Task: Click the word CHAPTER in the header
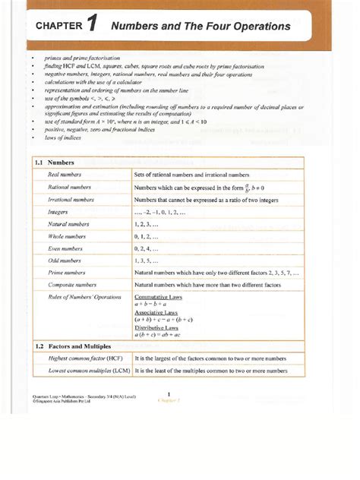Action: coord(58,27)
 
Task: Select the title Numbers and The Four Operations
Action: coord(201,27)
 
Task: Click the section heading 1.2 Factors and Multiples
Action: coord(73,346)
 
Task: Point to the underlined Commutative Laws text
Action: coord(160,297)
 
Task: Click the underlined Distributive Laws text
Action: coord(157,327)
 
